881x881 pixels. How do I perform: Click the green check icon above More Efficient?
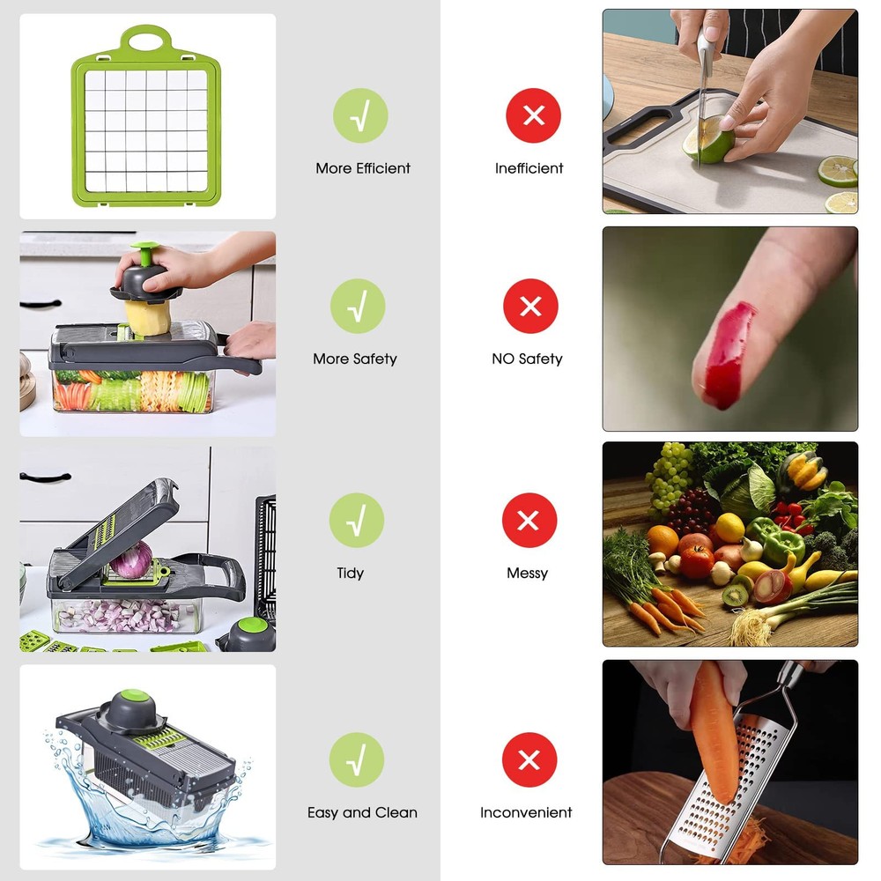360,115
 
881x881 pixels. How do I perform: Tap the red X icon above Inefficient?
533,115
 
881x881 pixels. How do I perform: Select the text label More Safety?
355,359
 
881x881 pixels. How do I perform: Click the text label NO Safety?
527,359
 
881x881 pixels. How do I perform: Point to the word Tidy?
351,574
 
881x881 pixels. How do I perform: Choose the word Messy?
527,574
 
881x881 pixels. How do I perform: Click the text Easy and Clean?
362,812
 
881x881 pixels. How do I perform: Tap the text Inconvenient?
526,812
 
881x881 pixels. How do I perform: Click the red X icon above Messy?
529,521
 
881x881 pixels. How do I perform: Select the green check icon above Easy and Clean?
357,759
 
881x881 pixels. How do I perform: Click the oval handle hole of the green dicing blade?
146,41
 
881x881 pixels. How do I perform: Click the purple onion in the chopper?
131,559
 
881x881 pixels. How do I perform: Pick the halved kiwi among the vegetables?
736,595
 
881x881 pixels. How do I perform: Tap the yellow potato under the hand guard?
147,317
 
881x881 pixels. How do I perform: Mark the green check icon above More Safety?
358,306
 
